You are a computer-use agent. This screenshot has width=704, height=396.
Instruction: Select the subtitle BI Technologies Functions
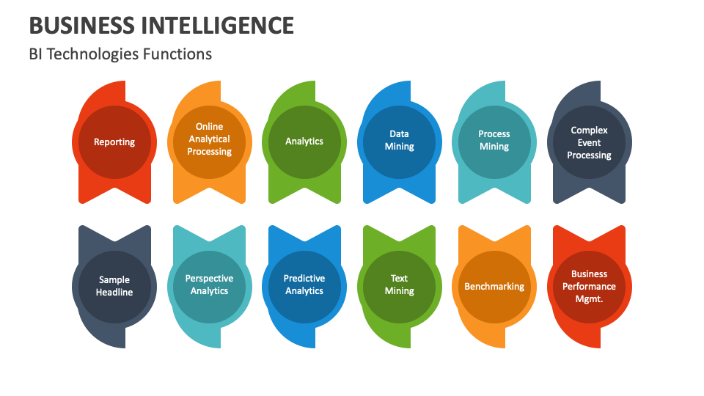[120, 54]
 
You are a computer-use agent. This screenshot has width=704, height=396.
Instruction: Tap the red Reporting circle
[114, 142]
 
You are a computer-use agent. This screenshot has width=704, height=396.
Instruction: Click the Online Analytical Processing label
[209, 139]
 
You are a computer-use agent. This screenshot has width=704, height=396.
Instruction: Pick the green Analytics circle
[304, 142]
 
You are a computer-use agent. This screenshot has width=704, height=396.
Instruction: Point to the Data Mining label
[399, 140]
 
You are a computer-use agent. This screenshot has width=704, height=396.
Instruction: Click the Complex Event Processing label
[589, 142]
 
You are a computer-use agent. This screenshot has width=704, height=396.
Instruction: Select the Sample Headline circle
[114, 285]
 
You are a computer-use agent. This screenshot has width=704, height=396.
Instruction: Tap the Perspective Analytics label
[209, 285]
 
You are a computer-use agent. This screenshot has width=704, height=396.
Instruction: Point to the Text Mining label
[399, 285]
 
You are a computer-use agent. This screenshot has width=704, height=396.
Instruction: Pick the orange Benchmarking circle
[494, 286]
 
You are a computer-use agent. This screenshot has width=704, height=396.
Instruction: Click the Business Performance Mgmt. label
[589, 286]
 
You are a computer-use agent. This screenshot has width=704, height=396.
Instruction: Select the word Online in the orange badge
[209, 127]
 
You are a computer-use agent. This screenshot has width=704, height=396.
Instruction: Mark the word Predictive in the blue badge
[304, 279]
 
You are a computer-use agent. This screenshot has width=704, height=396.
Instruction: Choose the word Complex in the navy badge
[589, 131]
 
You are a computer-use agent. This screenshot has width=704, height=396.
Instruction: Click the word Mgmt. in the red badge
[589, 298]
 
